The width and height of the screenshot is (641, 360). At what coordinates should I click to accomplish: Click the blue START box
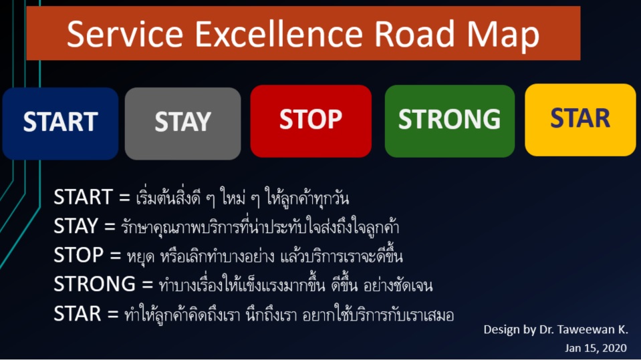click(x=61, y=124)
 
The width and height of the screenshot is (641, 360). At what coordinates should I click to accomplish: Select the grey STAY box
click(x=182, y=124)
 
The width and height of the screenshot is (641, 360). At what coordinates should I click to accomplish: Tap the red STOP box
click(x=311, y=121)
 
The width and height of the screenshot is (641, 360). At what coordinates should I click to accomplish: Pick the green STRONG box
click(x=450, y=121)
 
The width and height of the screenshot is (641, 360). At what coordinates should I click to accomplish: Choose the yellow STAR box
click(x=580, y=120)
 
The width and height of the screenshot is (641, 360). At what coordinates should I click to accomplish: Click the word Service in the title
click(x=125, y=34)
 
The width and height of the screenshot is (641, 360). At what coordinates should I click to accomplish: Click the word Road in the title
click(x=414, y=34)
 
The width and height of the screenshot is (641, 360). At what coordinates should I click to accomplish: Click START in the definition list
click(x=84, y=197)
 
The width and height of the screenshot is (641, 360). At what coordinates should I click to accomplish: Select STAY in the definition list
click(x=76, y=226)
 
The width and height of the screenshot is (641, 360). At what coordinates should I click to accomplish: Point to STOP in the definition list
click(x=78, y=255)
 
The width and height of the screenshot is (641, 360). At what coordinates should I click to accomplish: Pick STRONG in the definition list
click(x=95, y=284)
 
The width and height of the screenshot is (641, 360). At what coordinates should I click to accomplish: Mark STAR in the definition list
click(x=78, y=313)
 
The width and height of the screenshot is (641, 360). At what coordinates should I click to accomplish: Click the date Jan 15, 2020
click(x=596, y=348)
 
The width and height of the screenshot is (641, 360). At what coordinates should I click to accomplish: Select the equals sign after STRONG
click(x=148, y=285)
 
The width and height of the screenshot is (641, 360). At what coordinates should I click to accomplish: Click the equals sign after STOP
click(x=115, y=256)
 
